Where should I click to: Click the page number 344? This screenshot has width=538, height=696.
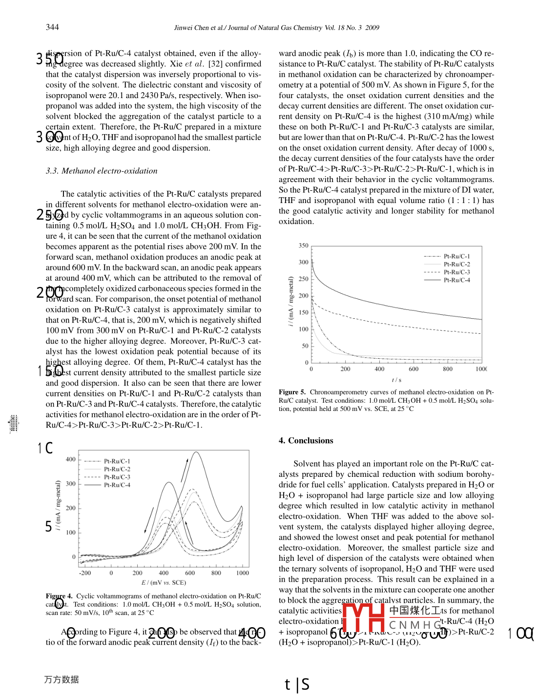[x=52, y=27]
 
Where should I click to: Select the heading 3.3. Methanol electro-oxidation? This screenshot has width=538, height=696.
[x=102, y=171]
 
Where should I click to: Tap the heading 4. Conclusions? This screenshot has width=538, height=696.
[x=306, y=441]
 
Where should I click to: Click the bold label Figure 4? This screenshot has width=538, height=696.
[x=59, y=596]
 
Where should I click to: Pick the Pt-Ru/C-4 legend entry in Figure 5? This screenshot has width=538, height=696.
[x=456, y=280]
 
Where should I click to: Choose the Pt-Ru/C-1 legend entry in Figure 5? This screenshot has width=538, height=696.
[x=456, y=256]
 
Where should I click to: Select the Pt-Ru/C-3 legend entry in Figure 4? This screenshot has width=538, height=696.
[x=117, y=477]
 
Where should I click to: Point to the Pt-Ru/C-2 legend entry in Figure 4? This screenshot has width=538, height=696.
[x=117, y=469]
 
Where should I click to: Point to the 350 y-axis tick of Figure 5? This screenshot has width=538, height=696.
[x=304, y=246]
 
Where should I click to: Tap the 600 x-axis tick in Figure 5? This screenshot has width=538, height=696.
[x=414, y=369]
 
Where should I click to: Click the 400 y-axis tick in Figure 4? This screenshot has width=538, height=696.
[x=71, y=459]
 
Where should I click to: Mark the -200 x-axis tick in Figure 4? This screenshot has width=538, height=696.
[x=85, y=573]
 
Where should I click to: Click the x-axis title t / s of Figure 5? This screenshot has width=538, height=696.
[x=396, y=380]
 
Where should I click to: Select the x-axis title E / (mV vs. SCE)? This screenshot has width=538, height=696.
[x=164, y=583]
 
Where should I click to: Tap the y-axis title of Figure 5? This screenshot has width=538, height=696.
[x=291, y=302]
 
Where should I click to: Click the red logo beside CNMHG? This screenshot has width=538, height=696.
[x=363, y=617]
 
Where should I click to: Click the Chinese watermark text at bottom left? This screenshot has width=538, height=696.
[x=62, y=679]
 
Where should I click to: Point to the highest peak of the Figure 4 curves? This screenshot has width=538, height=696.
[x=196, y=452]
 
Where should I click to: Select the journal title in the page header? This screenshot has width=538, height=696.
[x=276, y=28]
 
